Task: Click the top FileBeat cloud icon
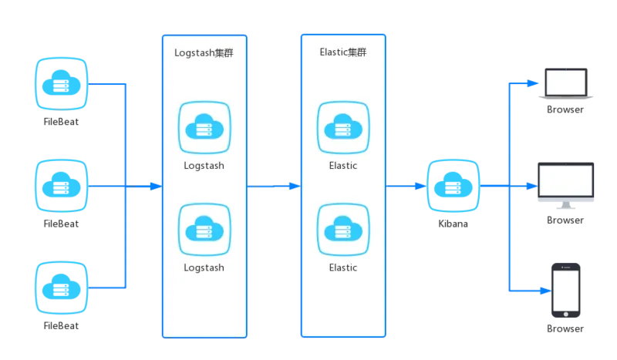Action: pos(62,84)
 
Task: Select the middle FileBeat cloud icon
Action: pos(62,186)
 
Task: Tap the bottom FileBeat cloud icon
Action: pos(62,288)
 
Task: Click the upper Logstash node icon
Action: pos(204,127)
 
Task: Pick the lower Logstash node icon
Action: pos(204,230)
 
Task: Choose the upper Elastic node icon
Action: pos(343,127)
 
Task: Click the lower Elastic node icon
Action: pos(343,230)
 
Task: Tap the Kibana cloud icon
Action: pos(453,186)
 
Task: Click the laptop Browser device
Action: pos(566,83)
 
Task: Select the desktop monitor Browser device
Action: pos(566,186)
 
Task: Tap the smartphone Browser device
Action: pos(566,291)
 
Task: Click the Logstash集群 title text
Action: pos(204,52)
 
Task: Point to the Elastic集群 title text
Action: pos(343,52)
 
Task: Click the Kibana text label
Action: pos(453,224)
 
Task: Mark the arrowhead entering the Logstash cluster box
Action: pos(157,186)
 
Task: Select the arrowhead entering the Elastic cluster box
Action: pos(295,186)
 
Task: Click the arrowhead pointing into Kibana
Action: pos(420,186)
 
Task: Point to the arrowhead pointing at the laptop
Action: pos(533,83)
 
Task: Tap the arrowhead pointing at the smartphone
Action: pos(545,291)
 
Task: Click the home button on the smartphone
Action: pos(566,314)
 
